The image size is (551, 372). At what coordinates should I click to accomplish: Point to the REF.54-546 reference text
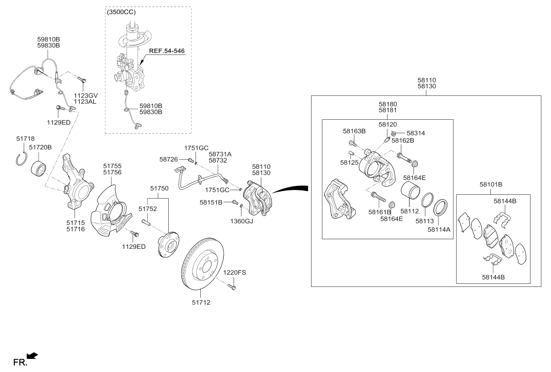tap(167, 51)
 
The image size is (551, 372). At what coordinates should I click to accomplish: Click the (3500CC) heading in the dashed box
tap(121, 12)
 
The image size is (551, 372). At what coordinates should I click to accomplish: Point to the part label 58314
tap(416, 133)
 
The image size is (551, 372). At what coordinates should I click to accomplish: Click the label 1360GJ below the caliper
tap(241, 221)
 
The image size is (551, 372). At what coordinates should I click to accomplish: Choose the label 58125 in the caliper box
tap(348, 162)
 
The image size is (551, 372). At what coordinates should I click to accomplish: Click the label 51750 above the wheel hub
tap(159, 188)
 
